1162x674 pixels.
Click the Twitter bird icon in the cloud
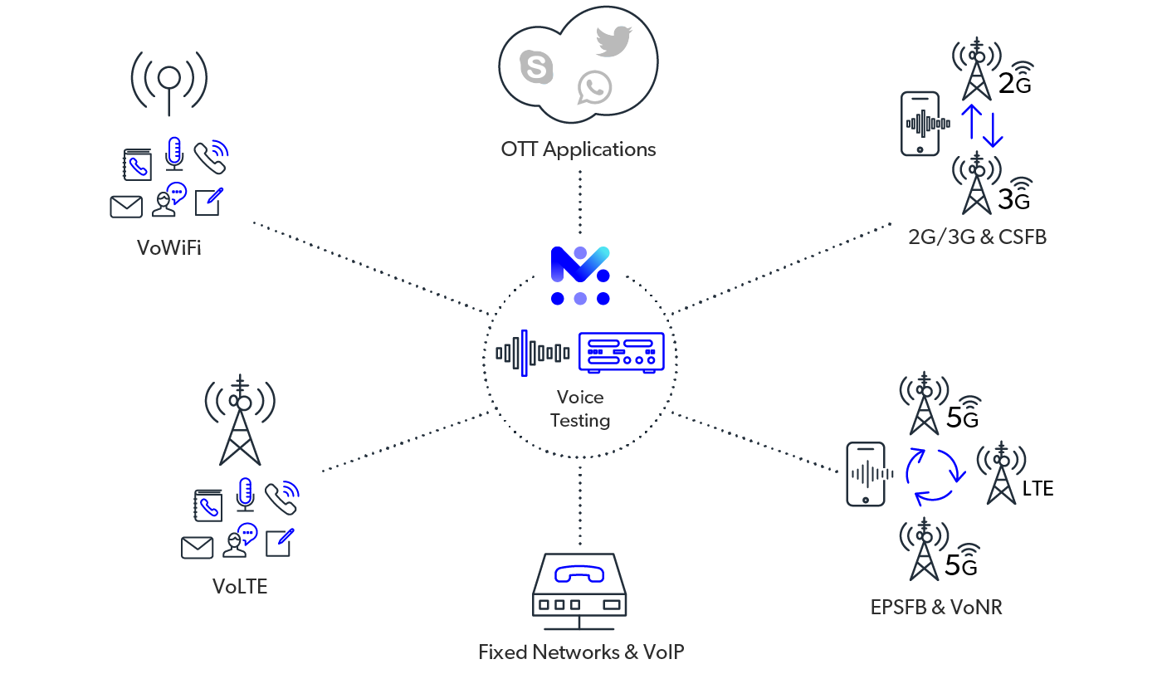[614, 42]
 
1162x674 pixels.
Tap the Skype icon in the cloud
[536, 67]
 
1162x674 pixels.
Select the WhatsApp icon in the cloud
[595, 87]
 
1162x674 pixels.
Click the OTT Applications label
[579, 149]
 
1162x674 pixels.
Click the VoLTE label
[240, 586]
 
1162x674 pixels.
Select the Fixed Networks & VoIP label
[581, 652]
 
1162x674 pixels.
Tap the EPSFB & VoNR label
[936, 607]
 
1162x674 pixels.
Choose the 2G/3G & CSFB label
[977, 237]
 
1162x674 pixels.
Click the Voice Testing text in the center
[580, 408]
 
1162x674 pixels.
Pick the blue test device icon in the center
[622, 353]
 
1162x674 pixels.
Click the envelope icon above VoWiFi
[126, 206]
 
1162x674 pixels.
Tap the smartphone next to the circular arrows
[865, 474]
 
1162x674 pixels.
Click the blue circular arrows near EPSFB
[935, 476]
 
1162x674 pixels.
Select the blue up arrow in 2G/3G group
[971, 121]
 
